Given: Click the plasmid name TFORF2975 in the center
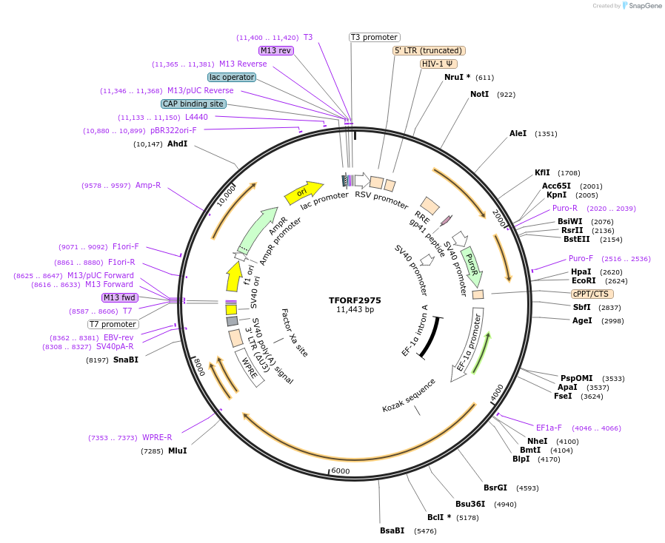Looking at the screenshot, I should click(355, 300).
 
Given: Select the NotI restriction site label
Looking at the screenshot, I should click(479, 95).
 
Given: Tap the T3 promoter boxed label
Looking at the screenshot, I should click(374, 37).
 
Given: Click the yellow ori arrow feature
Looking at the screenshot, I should click(304, 192).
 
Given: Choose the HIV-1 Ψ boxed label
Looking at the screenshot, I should click(438, 64).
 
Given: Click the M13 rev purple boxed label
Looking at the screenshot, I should click(275, 50).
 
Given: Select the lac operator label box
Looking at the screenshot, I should click(232, 77).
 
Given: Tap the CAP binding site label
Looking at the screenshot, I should click(193, 104).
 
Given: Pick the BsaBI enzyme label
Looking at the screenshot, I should click(392, 530).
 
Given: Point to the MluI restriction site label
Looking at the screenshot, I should click(177, 451).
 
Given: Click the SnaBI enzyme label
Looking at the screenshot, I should click(126, 360).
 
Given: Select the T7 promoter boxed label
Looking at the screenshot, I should click(113, 324).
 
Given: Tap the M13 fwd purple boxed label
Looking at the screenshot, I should click(120, 297).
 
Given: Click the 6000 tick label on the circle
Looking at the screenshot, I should click(341, 471).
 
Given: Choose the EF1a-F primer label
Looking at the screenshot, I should click(549, 428).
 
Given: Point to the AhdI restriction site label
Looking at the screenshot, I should click(177, 144).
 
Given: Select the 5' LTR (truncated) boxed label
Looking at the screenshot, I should click(429, 50).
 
